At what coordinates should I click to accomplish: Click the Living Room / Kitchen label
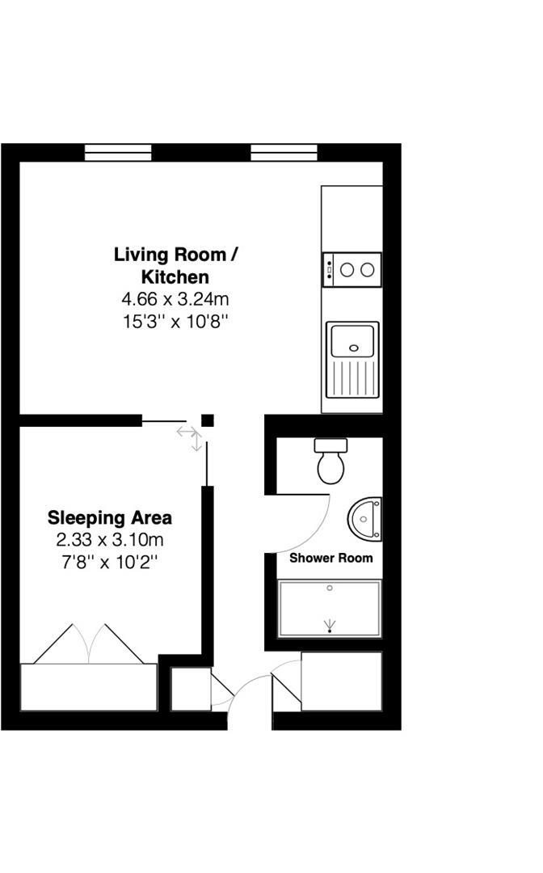(175, 266)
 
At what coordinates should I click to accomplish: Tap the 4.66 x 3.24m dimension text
(175, 299)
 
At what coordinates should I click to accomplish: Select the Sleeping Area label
(110, 518)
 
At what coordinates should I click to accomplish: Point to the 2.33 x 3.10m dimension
(110, 539)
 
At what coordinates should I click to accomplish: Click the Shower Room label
(331, 558)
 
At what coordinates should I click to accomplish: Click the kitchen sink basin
(353, 340)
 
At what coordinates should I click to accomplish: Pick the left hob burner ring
(347, 270)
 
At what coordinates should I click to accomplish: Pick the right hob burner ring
(367, 270)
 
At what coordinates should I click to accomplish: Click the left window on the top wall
(118, 152)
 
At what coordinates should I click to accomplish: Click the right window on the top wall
(284, 152)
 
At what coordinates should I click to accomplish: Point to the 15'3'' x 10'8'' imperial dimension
(176, 322)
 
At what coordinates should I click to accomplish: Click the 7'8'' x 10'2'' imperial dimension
(110, 563)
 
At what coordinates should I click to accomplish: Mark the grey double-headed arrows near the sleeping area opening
(190, 437)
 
